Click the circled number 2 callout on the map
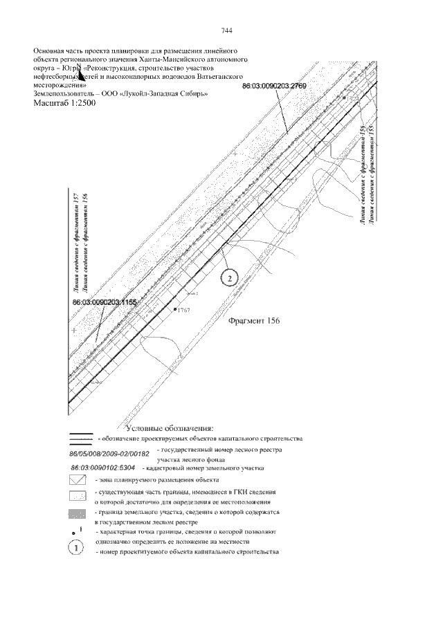click(x=229, y=277)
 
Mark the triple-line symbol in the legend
click(x=81, y=439)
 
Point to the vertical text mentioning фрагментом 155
click(x=372, y=173)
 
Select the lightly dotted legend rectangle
click(x=81, y=496)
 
